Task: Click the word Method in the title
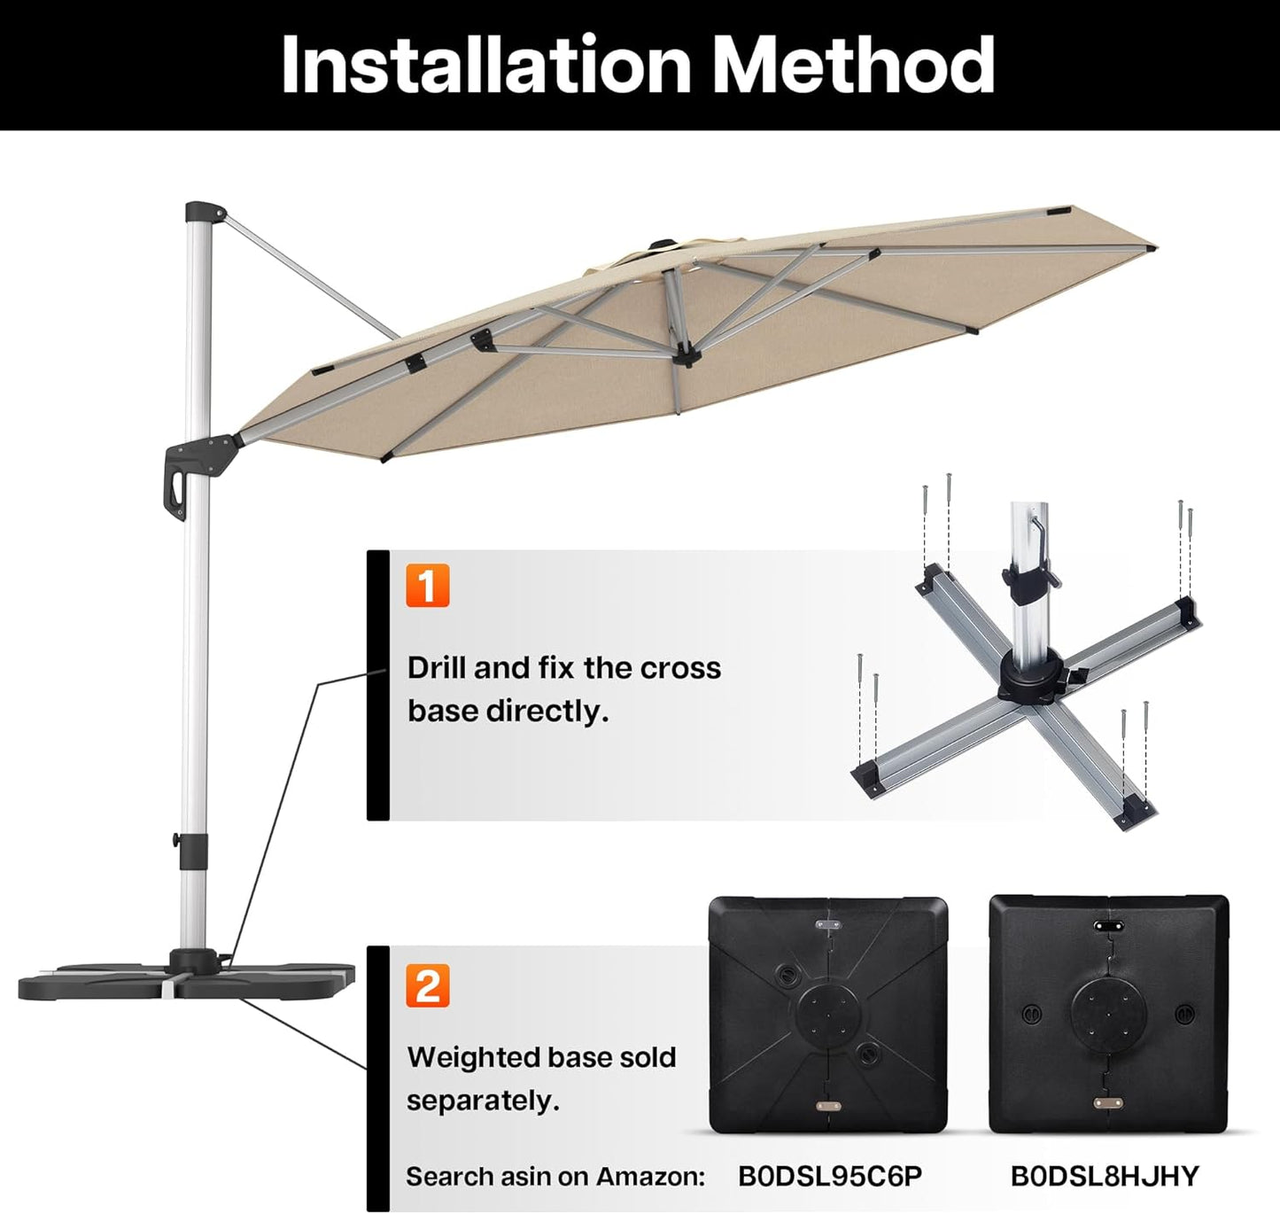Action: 853,65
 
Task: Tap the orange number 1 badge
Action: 428,586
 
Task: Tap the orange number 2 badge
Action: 428,985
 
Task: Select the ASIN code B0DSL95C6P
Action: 829,1176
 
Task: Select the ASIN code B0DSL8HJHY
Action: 1104,1176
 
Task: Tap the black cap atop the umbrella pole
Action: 203,214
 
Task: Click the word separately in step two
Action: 483,1101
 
